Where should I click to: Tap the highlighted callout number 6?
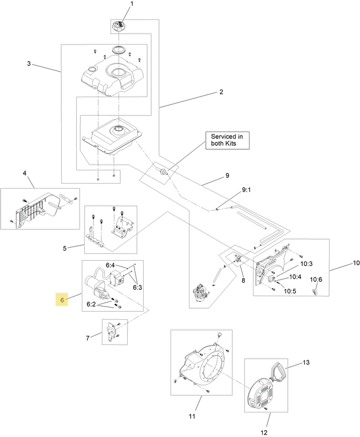62,300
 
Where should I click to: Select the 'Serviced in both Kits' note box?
227,141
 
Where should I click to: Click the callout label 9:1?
246,190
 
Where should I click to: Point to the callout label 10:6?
317,279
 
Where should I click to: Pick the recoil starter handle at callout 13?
278,370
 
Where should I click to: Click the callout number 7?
88,338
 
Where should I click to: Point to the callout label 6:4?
110,265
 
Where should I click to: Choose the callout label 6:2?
91,304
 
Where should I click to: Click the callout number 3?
29,64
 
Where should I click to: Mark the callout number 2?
221,92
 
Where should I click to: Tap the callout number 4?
25,173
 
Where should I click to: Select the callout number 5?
65,248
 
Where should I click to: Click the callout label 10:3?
306,264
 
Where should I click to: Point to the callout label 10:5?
290,291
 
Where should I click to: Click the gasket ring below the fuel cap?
119,50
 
